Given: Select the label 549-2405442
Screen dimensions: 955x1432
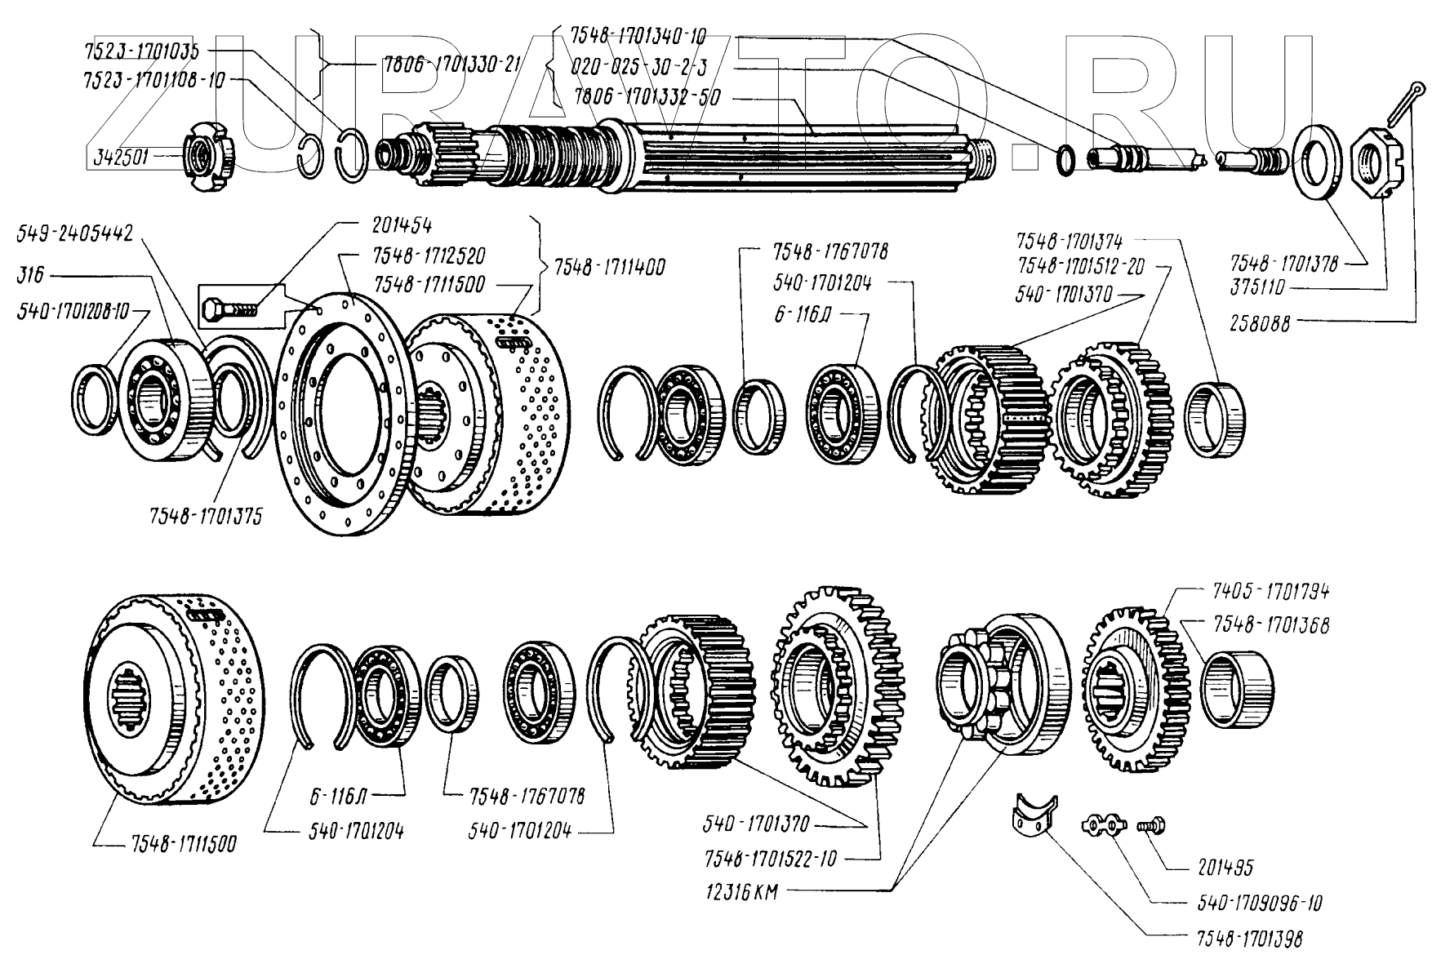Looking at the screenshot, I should click(x=75, y=234).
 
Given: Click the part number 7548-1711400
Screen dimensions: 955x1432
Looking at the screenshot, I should click(x=609, y=267).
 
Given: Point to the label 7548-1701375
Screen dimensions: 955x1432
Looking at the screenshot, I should click(x=206, y=517).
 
